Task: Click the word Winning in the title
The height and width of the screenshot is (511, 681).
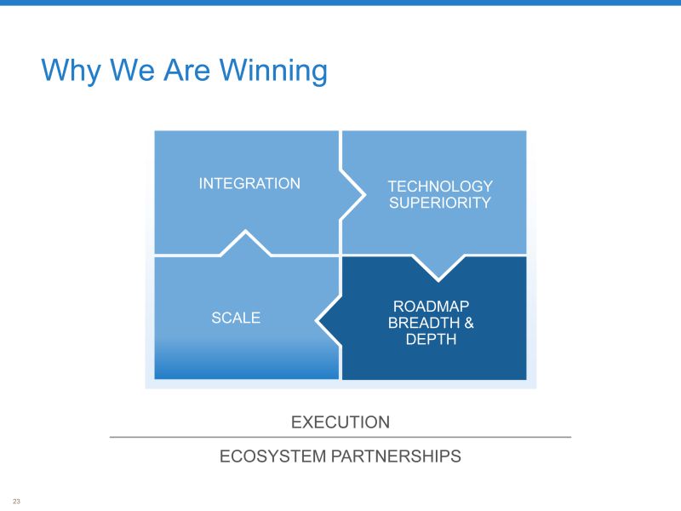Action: click(273, 71)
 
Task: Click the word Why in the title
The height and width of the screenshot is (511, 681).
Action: click(71, 71)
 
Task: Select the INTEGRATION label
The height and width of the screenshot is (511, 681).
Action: click(249, 183)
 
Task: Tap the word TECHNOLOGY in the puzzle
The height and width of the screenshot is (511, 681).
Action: click(440, 187)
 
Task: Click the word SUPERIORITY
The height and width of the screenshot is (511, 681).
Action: click(440, 203)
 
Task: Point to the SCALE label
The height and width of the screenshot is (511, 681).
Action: click(236, 318)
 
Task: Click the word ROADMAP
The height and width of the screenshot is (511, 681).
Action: click(431, 307)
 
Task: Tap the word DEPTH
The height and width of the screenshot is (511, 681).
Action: click(431, 339)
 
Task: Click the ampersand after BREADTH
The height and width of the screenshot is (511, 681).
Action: click(469, 323)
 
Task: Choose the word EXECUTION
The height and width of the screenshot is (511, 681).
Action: click(340, 422)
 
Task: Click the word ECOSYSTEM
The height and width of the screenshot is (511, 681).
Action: click(272, 456)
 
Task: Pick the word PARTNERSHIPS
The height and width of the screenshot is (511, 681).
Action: click(396, 456)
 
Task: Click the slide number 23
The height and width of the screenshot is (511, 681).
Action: click(16, 501)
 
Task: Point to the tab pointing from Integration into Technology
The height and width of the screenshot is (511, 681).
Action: click(352, 195)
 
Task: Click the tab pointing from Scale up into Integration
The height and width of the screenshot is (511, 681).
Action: click(246, 243)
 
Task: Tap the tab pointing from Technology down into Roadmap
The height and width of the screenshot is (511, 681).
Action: click(438, 267)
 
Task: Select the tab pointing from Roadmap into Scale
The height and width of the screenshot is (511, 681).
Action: click(329, 321)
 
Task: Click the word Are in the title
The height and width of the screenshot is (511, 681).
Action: click(186, 71)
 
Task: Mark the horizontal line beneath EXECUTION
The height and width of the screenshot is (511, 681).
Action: click(340, 437)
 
